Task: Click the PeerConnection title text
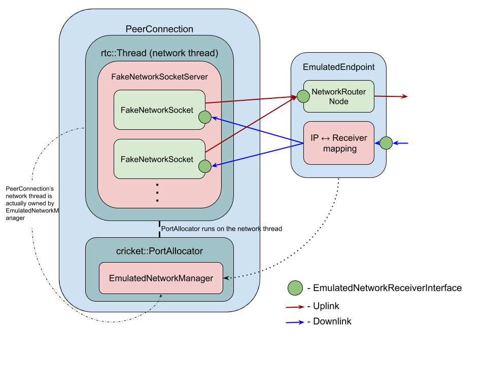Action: coord(159,29)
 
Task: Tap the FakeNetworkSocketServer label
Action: coord(159,77)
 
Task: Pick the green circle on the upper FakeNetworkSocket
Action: coord(204,117)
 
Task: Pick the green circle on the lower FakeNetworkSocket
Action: coord(204,166)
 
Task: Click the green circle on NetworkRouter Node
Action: coord(303,96)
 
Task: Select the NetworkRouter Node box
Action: coord(339,96)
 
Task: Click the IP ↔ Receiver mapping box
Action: coord(339,143)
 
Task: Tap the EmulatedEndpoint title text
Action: coord(338,67)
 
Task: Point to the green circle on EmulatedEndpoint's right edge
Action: coord(386,143)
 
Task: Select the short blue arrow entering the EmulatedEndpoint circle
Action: coord(401,143)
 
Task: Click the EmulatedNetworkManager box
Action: coord(161,278)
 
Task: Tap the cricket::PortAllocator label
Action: coord(159,251)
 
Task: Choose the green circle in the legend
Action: coord(295,288)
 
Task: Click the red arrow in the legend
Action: coord(295,307)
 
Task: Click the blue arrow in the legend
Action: coord(295,322)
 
